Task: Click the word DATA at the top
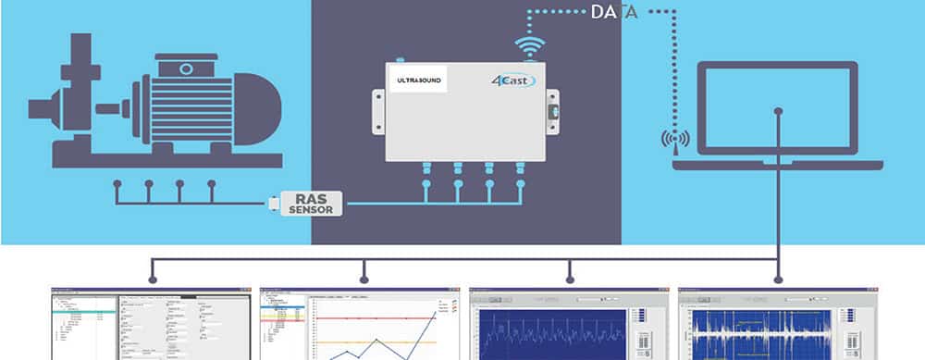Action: click(x=614, y=12)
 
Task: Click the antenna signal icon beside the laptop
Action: click(x=675, y=140)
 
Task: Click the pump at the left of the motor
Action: click(x=69, y=102)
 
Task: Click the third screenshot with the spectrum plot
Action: click(x=568, y=324)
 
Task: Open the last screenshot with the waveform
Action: click(x=777, y=324)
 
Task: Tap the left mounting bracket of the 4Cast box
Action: click(x=378, y=111)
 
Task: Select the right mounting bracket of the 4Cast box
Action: click(x=552, y=111)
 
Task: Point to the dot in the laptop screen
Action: click(x=778, y=111)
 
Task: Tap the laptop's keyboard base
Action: click(x=777, y=165)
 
